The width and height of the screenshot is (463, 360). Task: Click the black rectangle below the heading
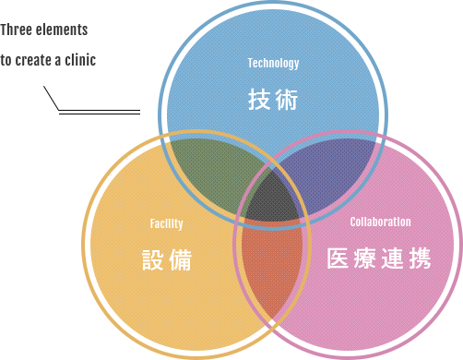(92, 100)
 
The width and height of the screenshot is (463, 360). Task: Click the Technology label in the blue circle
(273, 63)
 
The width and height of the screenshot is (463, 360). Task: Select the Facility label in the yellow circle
(166, 223)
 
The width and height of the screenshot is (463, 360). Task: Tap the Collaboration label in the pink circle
(380, 222)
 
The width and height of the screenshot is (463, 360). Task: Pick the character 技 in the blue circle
(259, 100)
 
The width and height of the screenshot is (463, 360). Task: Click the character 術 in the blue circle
(287, 100)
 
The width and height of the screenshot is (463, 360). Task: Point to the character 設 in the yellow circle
(152, 260)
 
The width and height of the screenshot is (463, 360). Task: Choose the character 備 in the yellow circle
(181, 260)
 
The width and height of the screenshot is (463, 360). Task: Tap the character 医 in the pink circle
(338, 259)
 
